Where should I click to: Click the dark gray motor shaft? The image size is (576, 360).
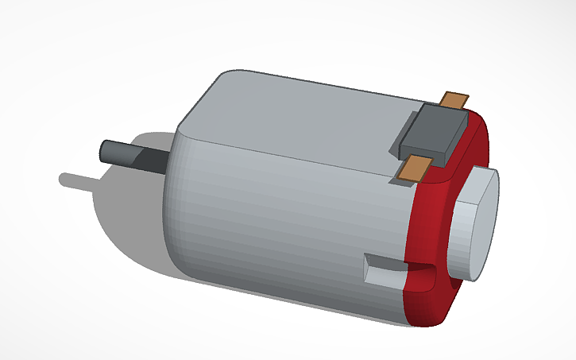(x=131, y=155)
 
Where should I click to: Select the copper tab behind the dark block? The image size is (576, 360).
(x=455, y=100)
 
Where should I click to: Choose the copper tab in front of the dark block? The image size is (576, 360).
(x=416, y=168)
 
